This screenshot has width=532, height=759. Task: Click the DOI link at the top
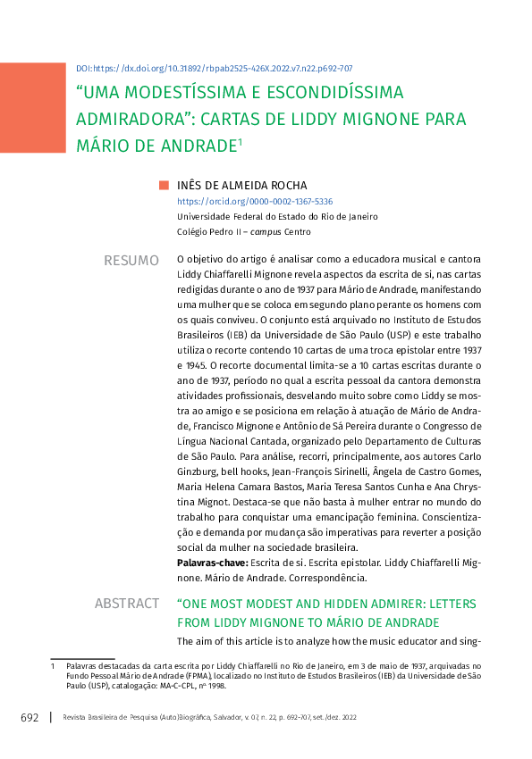pyautogui.click(x=214, y=68)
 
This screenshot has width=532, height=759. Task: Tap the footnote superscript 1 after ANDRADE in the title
pyautogui.click(x=241, y=139)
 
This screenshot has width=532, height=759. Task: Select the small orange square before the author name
pyautogui.click(x=164, y=186)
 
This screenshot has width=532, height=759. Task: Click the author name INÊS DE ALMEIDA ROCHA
pyautogui.click(x=241, y=186)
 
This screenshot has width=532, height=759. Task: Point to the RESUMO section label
pyautogui.click(x=131, y=260)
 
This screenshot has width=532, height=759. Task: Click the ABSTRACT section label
pyautogui.click(x=127, y=605)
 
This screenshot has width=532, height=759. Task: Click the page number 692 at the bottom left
pyautogui.click(x=30, y=718)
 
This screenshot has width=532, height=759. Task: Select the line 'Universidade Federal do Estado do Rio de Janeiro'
pyautogui.click(x=277, y=217)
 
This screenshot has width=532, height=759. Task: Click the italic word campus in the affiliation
pyautogui.click(x=264, y=232)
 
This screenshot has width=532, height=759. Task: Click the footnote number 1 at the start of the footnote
pyautogui.click(x=53, y=666)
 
